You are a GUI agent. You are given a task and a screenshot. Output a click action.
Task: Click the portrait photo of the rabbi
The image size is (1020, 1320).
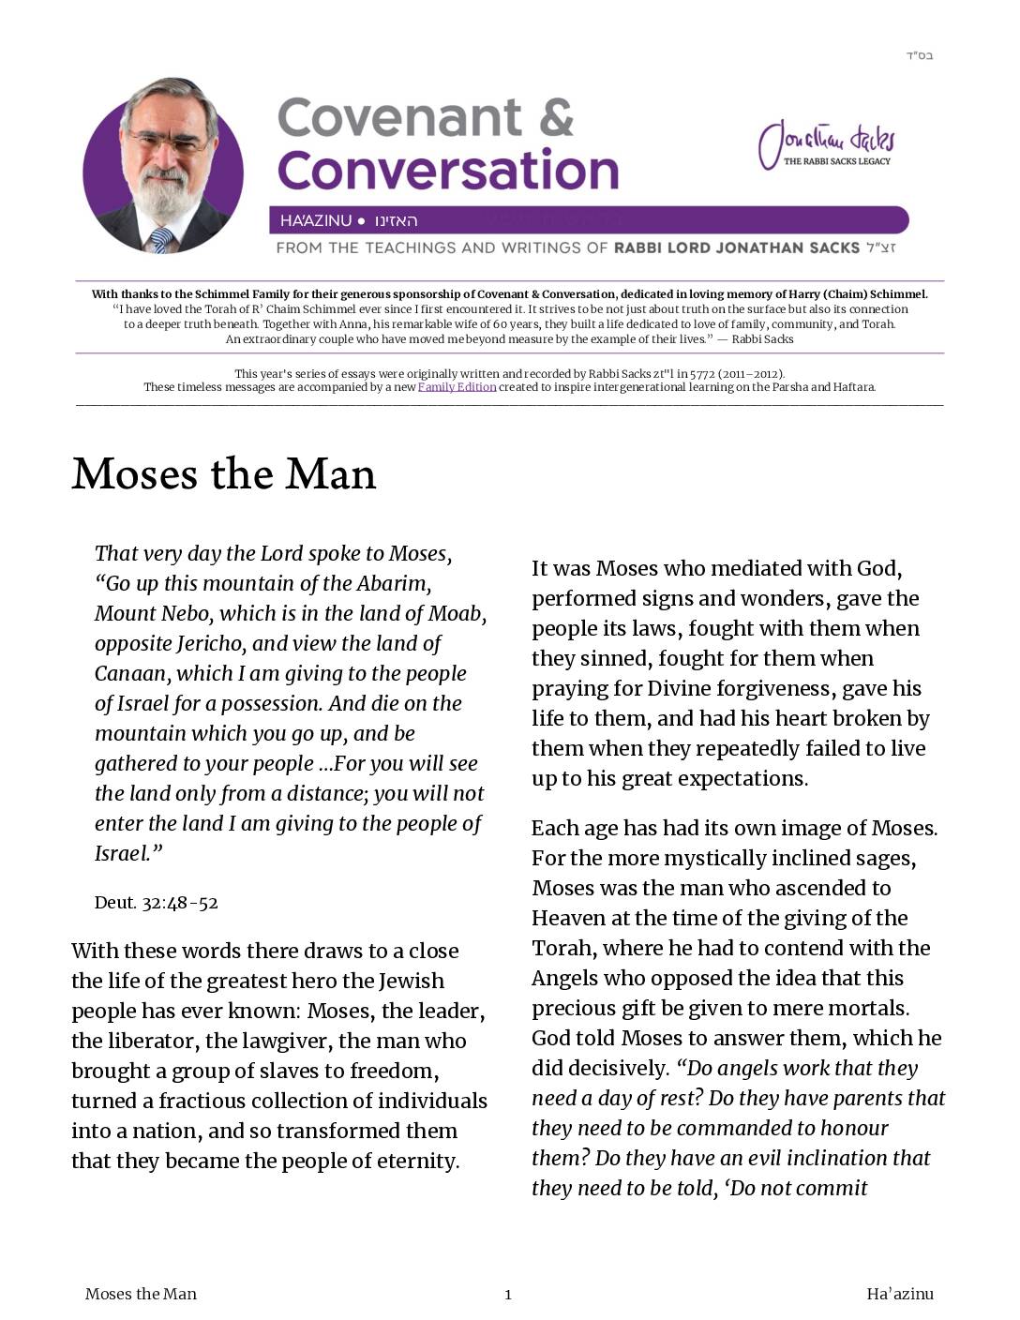pyautogui.click(x=163, y=167)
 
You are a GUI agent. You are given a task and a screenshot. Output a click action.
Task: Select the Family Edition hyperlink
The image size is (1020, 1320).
pyautogui.click(x=457, y=387)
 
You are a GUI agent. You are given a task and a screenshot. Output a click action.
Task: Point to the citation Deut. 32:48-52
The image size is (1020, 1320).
pyautogui.click(x=156, y=903)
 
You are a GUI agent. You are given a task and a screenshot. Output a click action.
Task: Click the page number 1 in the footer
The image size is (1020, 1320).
pyautogui.click(x=508, y=1295)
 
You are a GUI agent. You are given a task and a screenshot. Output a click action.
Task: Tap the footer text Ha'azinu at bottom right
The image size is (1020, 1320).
pyautogui.click(x=899, y=1295)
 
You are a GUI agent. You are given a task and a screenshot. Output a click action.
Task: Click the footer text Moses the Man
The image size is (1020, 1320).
pyautogui.click(x=141, y=1295)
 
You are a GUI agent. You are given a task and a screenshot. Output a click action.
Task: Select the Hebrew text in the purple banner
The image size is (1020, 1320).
pyautogui.click(x=396, y=221)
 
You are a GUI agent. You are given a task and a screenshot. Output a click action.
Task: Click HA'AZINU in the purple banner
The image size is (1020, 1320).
pyautogui.click(x=316, y=221)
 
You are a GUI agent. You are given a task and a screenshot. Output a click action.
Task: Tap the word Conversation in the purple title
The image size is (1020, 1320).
pyautogui.click(x=448, y=171)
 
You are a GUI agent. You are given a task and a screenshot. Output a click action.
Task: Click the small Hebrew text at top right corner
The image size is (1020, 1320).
pyautogui.click(x=919, y=55)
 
